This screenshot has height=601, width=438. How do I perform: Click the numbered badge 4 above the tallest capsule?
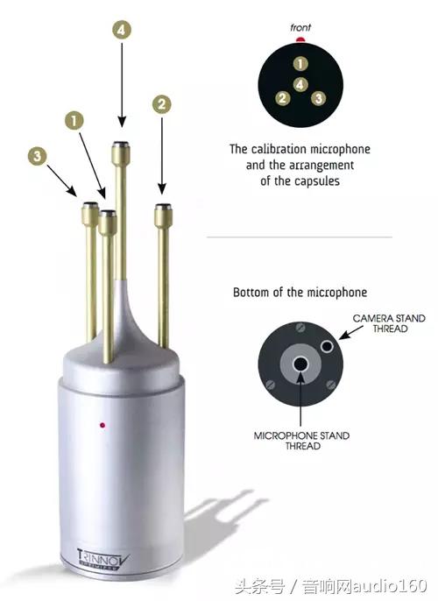click(122, 30)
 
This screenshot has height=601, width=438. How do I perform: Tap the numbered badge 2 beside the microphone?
click(162, 104)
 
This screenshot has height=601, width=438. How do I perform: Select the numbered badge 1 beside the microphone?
click(74, 120)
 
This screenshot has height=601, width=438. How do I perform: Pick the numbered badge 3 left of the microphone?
click(37, 156)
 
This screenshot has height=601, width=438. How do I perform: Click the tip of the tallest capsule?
click(121, 145)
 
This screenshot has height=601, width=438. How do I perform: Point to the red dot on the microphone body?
click(102, 425)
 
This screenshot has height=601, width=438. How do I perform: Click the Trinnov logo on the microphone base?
click(103, 560)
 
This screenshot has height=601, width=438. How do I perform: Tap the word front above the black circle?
click(300, 28)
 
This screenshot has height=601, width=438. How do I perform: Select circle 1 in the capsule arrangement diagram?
click(300, 64)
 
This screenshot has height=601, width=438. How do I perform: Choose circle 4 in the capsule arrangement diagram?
click(300, 84)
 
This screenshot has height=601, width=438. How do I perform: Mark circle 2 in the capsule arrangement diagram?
click(282, 98)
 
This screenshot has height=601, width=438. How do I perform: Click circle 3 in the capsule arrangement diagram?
click(319, 98)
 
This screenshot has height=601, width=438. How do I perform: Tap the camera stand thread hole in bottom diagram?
click(327, 346)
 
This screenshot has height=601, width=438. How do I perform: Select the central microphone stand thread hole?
click(300, 364)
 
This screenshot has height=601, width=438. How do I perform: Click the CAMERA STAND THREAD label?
click(389, 323)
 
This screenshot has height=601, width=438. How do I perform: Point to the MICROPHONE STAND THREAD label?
click(301, 441)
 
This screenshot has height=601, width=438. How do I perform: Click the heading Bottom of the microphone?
click(300, 293)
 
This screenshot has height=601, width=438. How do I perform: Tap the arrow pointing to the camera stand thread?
click(350, 333)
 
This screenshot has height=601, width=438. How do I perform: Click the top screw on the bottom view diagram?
click(300, 328)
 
